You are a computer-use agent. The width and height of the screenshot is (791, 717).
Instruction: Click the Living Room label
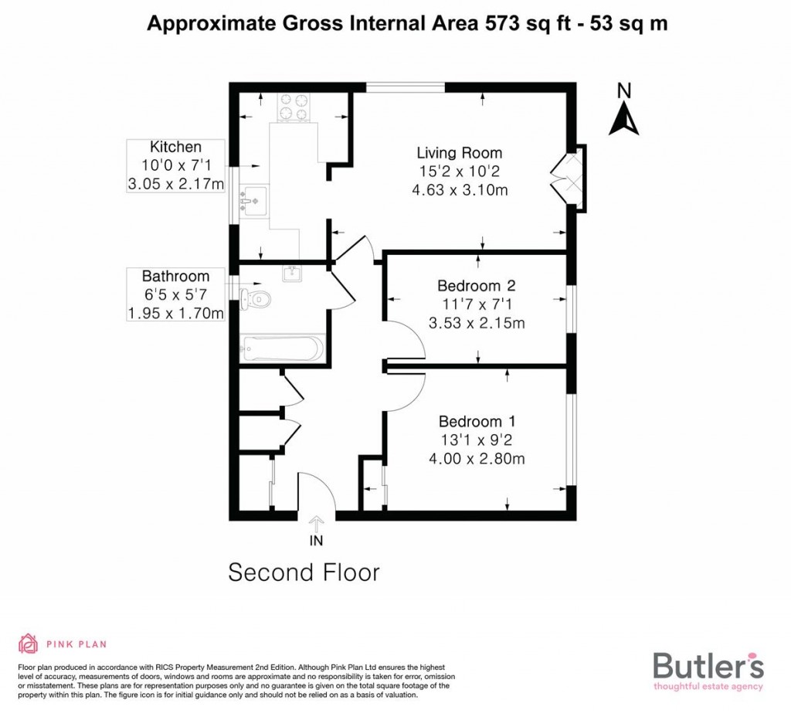coord(459,153)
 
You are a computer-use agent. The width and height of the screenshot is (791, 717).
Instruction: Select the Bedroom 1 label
coord(477,422)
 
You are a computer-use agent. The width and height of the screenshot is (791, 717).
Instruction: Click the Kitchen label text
coord(175,147)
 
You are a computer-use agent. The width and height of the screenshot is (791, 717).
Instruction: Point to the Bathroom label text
coord(175,277)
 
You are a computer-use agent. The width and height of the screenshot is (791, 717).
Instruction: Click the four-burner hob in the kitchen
coord(293,107)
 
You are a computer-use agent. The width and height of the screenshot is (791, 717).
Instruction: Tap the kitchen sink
coord(253,198)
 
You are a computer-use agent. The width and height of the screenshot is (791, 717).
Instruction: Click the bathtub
coord(281,348)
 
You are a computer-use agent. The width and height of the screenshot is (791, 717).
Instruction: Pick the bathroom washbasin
coord(293,273)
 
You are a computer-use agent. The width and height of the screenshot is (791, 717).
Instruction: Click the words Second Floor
coord(304,573)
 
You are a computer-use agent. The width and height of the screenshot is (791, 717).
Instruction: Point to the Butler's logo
coord(708,669)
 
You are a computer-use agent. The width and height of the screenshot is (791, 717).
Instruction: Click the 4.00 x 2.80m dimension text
coord(477,459)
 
